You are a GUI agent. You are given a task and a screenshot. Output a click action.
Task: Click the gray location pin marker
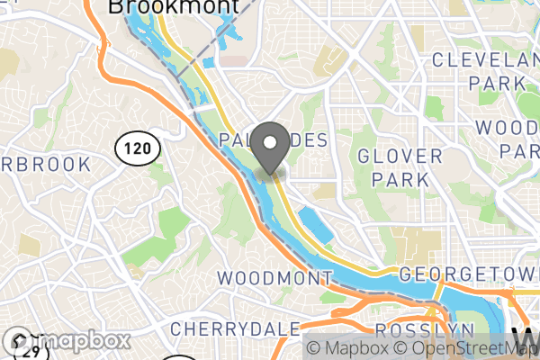click(x=269, y=148)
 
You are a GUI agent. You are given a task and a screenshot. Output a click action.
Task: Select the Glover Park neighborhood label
click(x=400, y=167)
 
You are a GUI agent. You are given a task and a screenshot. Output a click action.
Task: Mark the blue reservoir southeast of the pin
click(x=314, y=225)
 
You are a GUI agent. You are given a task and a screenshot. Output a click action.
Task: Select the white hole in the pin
click(x=269, y=142)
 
